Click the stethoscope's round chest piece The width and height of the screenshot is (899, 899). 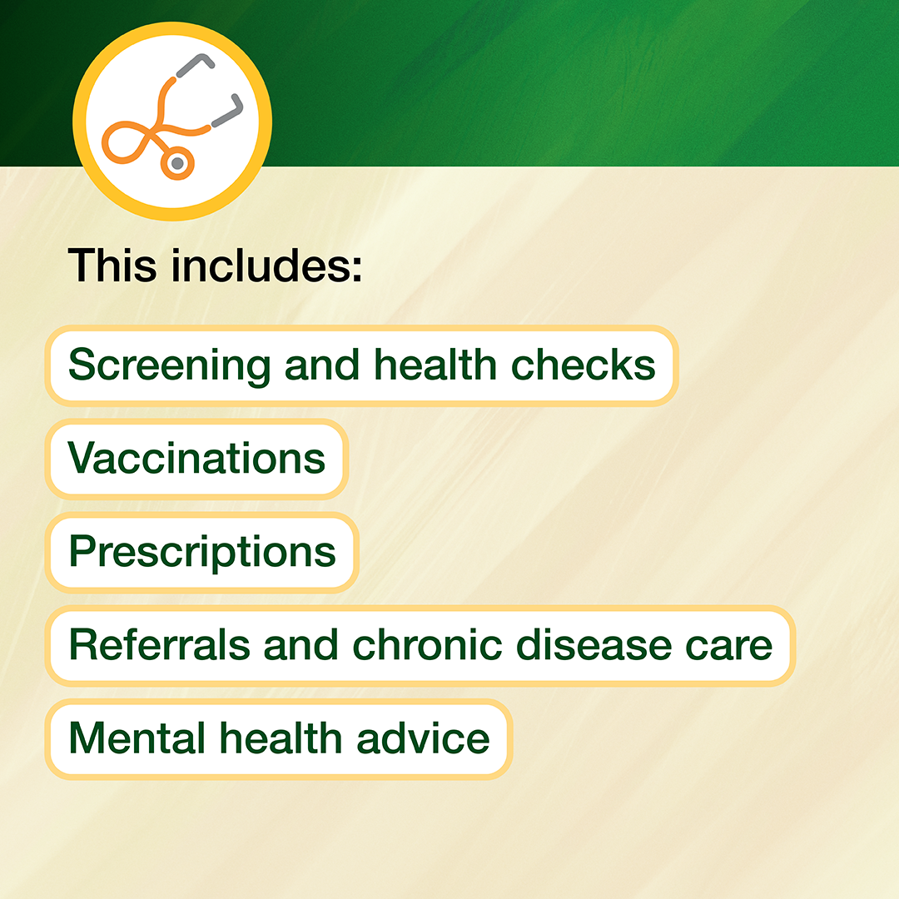pos(178,163)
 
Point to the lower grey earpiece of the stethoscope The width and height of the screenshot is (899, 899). pos(229,110)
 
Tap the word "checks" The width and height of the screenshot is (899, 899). pos(583,365)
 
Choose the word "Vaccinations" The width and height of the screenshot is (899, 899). pos(196,459)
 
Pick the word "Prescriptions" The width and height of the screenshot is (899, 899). pos(202,553)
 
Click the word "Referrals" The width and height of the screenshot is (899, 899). pos(159,644)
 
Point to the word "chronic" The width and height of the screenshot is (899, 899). pos(427,644)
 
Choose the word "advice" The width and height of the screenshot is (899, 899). pos(423,738)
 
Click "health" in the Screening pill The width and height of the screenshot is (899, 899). pos(435,365)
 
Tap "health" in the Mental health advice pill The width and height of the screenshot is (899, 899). pos(281,738)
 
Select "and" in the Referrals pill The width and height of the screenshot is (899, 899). pos(301,644)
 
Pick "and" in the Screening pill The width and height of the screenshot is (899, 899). pos(322,365)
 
